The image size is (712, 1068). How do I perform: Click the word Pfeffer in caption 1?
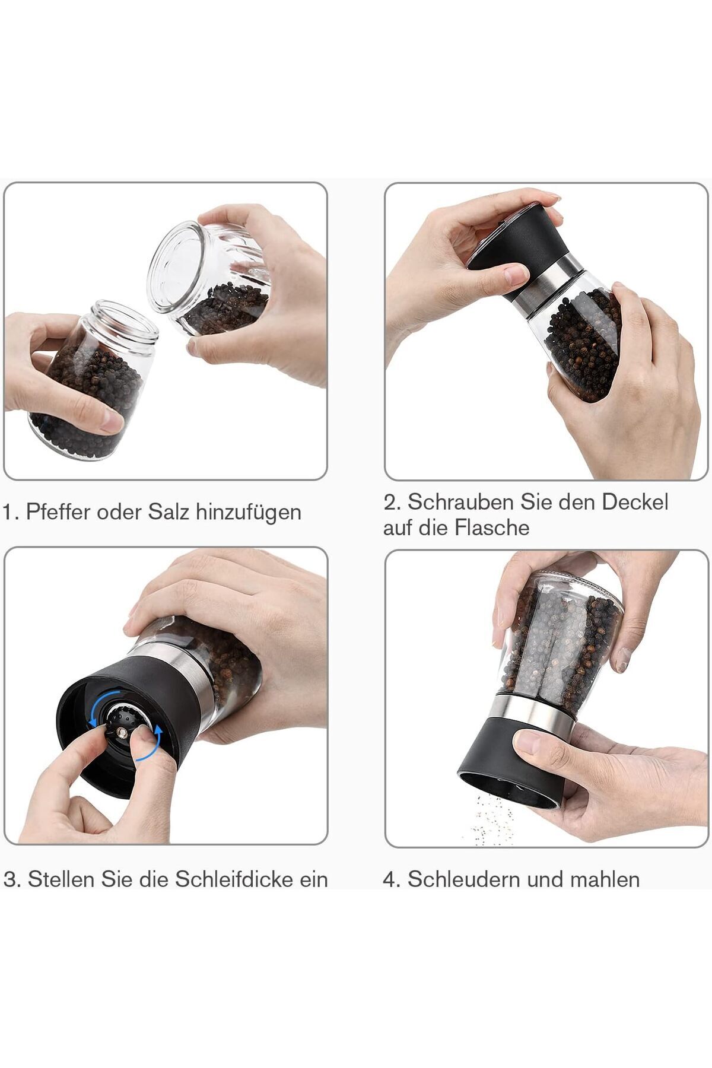pyautogui.click(x=58, y=511)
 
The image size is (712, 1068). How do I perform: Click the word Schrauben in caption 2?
pyautogui.click(x=460, y=502)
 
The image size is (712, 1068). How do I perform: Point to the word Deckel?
pyautogui.click(x=635, y=502)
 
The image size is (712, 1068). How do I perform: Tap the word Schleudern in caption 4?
pyautogui.click(x=463, y=879)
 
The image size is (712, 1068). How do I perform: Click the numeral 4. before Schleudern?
pyautogui.click(x=392, y=879)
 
